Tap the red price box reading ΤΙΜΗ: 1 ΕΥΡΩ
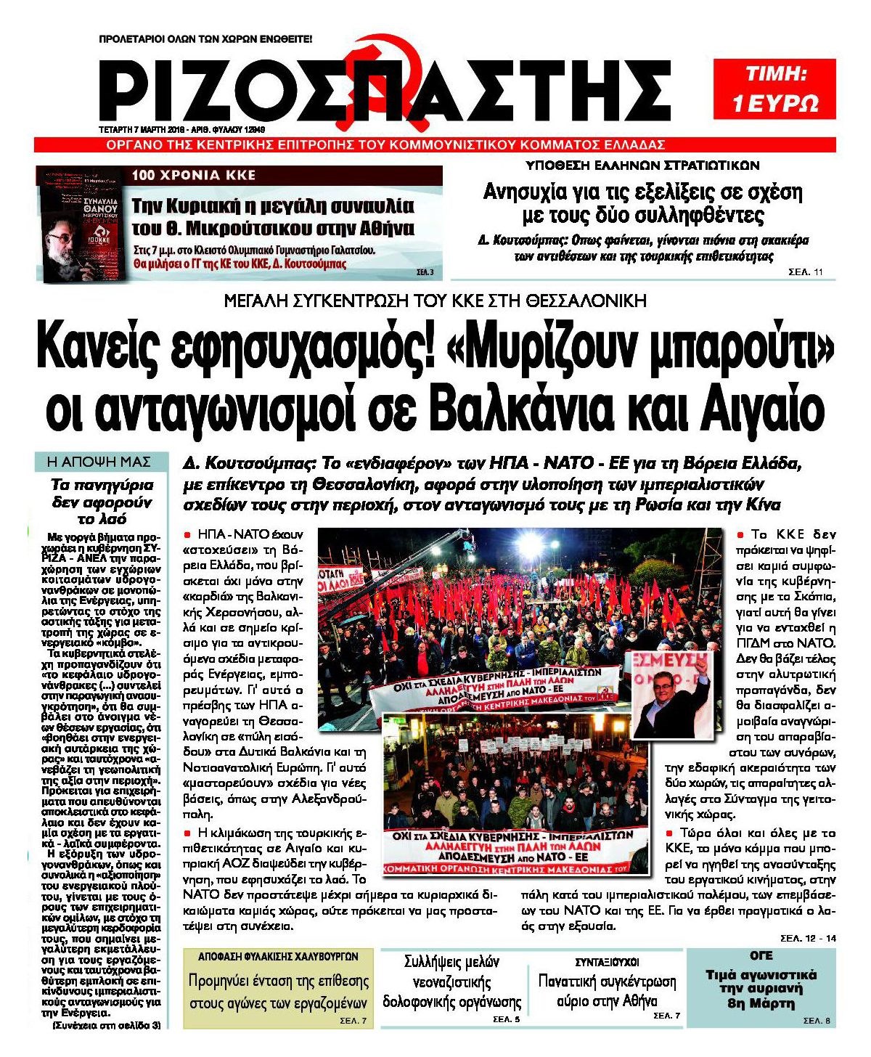click(774, 89)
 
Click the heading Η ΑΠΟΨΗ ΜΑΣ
click(99, 462)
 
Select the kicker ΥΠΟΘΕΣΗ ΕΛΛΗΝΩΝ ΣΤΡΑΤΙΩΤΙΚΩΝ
click(642, 165)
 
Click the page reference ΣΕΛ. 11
click(806, 272)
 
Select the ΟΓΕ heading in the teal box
click(761, 956)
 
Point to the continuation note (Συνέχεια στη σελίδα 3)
click(107, 1025)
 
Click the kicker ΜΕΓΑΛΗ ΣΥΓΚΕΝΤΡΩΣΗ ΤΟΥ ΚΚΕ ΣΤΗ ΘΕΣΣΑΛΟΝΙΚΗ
click(435, 301)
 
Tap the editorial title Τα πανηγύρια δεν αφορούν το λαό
click(102, 502)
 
